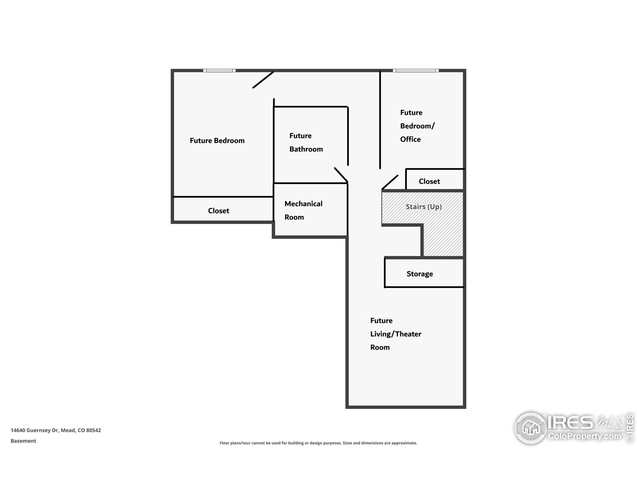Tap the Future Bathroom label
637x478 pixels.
pos(306,142)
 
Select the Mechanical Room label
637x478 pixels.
pos(303,210)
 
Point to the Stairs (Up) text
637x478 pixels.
pos(423,207)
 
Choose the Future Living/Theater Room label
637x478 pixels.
pos(395,334)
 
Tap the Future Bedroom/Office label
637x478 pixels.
pos(417,126)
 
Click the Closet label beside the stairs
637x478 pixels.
pos(429,181)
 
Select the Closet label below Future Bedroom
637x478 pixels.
pos(218,211)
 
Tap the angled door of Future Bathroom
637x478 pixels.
pos(341,175)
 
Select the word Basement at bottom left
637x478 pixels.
pos(23,441)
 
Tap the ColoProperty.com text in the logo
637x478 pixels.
pos(584,436)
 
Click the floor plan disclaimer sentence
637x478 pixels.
pos(318,443)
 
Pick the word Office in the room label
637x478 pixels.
pos(410,139)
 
